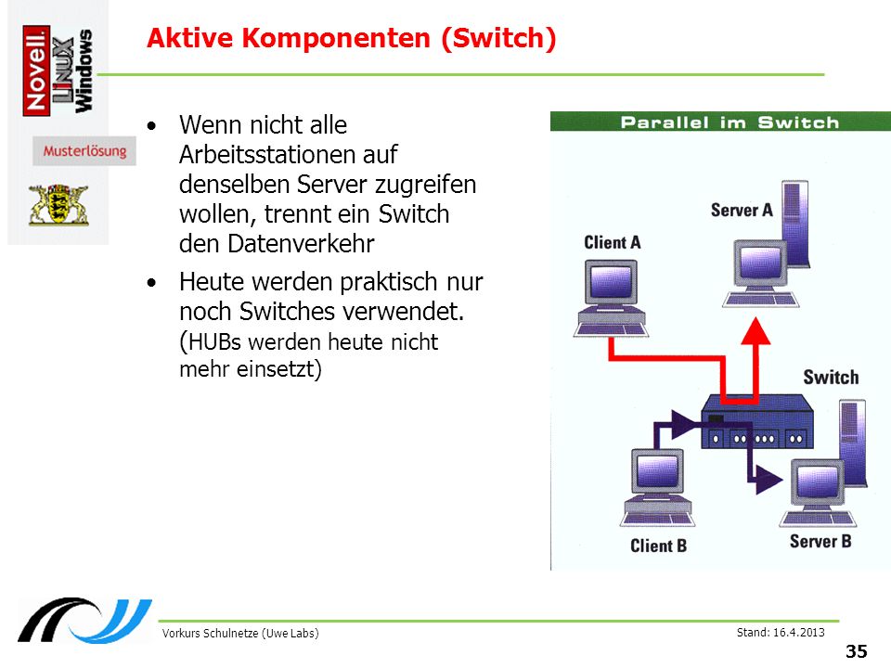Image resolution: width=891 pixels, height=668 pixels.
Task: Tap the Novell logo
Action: (36, 71)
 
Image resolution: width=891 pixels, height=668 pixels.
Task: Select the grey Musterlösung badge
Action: (84, 151)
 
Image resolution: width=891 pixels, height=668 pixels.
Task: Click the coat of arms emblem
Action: (58, 204)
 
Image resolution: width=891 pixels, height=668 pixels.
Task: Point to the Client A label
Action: (612, 242)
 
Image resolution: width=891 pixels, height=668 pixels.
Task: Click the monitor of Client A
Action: (611, 282)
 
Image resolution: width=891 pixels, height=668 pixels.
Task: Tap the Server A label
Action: (742, 211)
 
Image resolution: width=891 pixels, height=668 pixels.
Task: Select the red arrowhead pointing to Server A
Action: (755, 332)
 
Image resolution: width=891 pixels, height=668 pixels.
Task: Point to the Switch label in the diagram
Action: (831, 378)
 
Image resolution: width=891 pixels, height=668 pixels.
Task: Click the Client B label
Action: (659, 546)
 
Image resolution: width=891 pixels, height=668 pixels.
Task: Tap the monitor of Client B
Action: (657, 471)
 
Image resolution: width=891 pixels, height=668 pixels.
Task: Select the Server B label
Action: (820, 541)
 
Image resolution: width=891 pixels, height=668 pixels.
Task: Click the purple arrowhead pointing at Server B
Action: (768, 480)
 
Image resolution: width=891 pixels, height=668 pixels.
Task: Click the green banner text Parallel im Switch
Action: (730, 122)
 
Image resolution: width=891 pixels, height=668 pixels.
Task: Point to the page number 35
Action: (857, 651)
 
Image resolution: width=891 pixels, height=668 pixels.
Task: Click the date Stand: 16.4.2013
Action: (781, 632)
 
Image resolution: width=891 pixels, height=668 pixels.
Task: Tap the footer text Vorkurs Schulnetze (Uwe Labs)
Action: (239, 634)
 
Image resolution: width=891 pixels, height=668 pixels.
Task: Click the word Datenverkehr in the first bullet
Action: (301, 244)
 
